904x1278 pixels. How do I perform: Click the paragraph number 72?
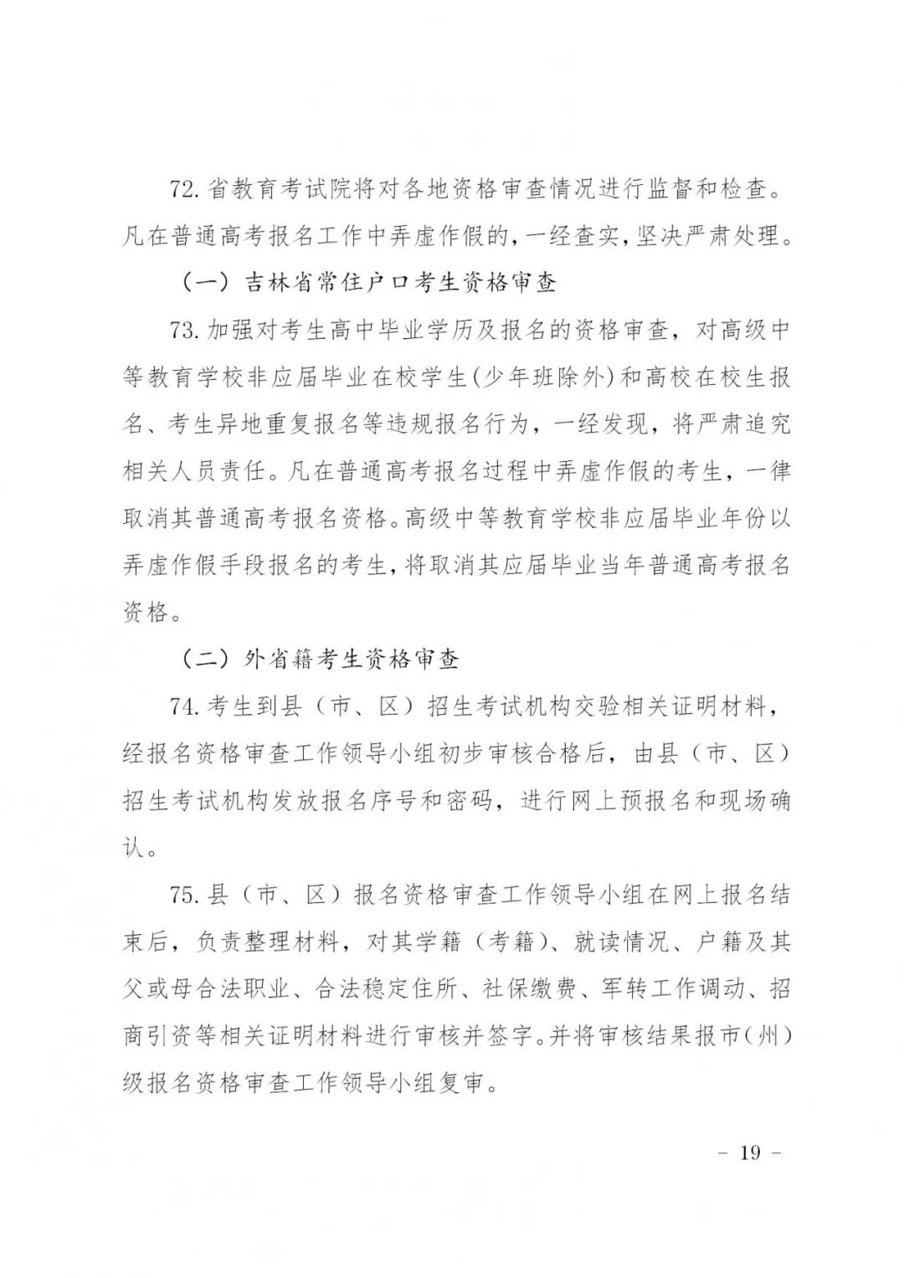point(183,189)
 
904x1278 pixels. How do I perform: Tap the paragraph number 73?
point(183,331)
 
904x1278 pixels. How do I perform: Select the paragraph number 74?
point(183,707)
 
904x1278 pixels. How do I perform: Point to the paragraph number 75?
point(183,896)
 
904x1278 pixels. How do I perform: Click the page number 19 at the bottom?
point(750,1152)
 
